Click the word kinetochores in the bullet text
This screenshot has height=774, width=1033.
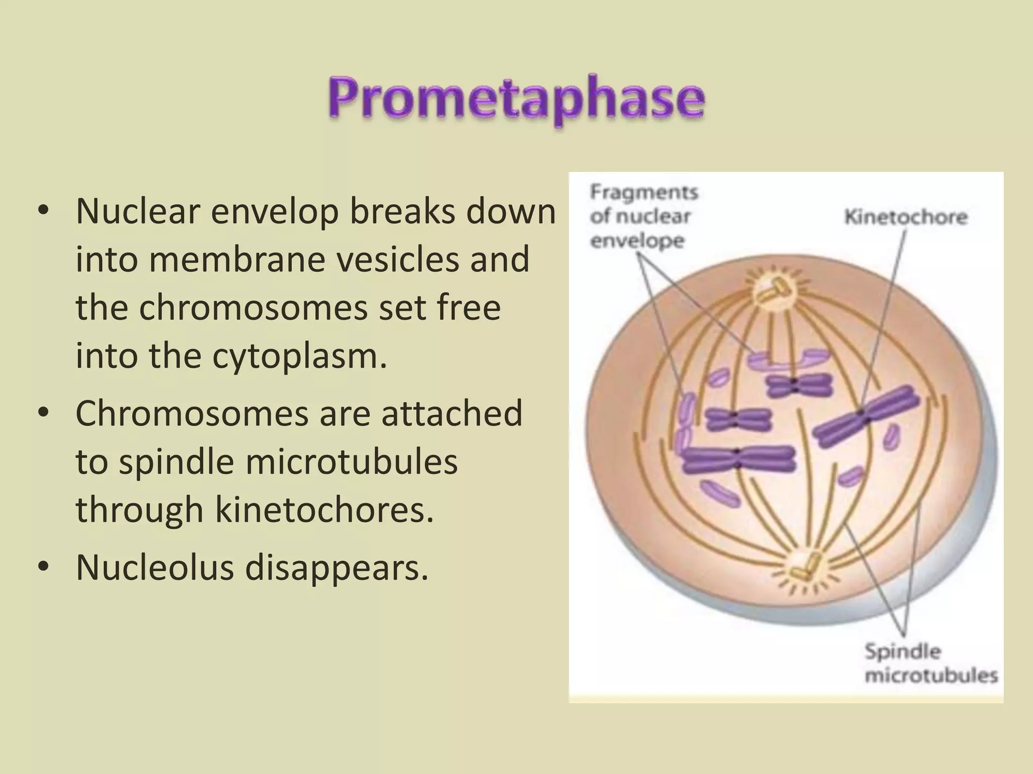coord(324,510)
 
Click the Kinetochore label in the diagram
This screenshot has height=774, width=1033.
coord(905,217)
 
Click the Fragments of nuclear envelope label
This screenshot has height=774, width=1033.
coord(644,216)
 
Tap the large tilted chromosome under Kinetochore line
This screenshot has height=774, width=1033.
coord(866,416)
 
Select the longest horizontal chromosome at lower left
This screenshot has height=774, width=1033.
coord(738,459)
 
